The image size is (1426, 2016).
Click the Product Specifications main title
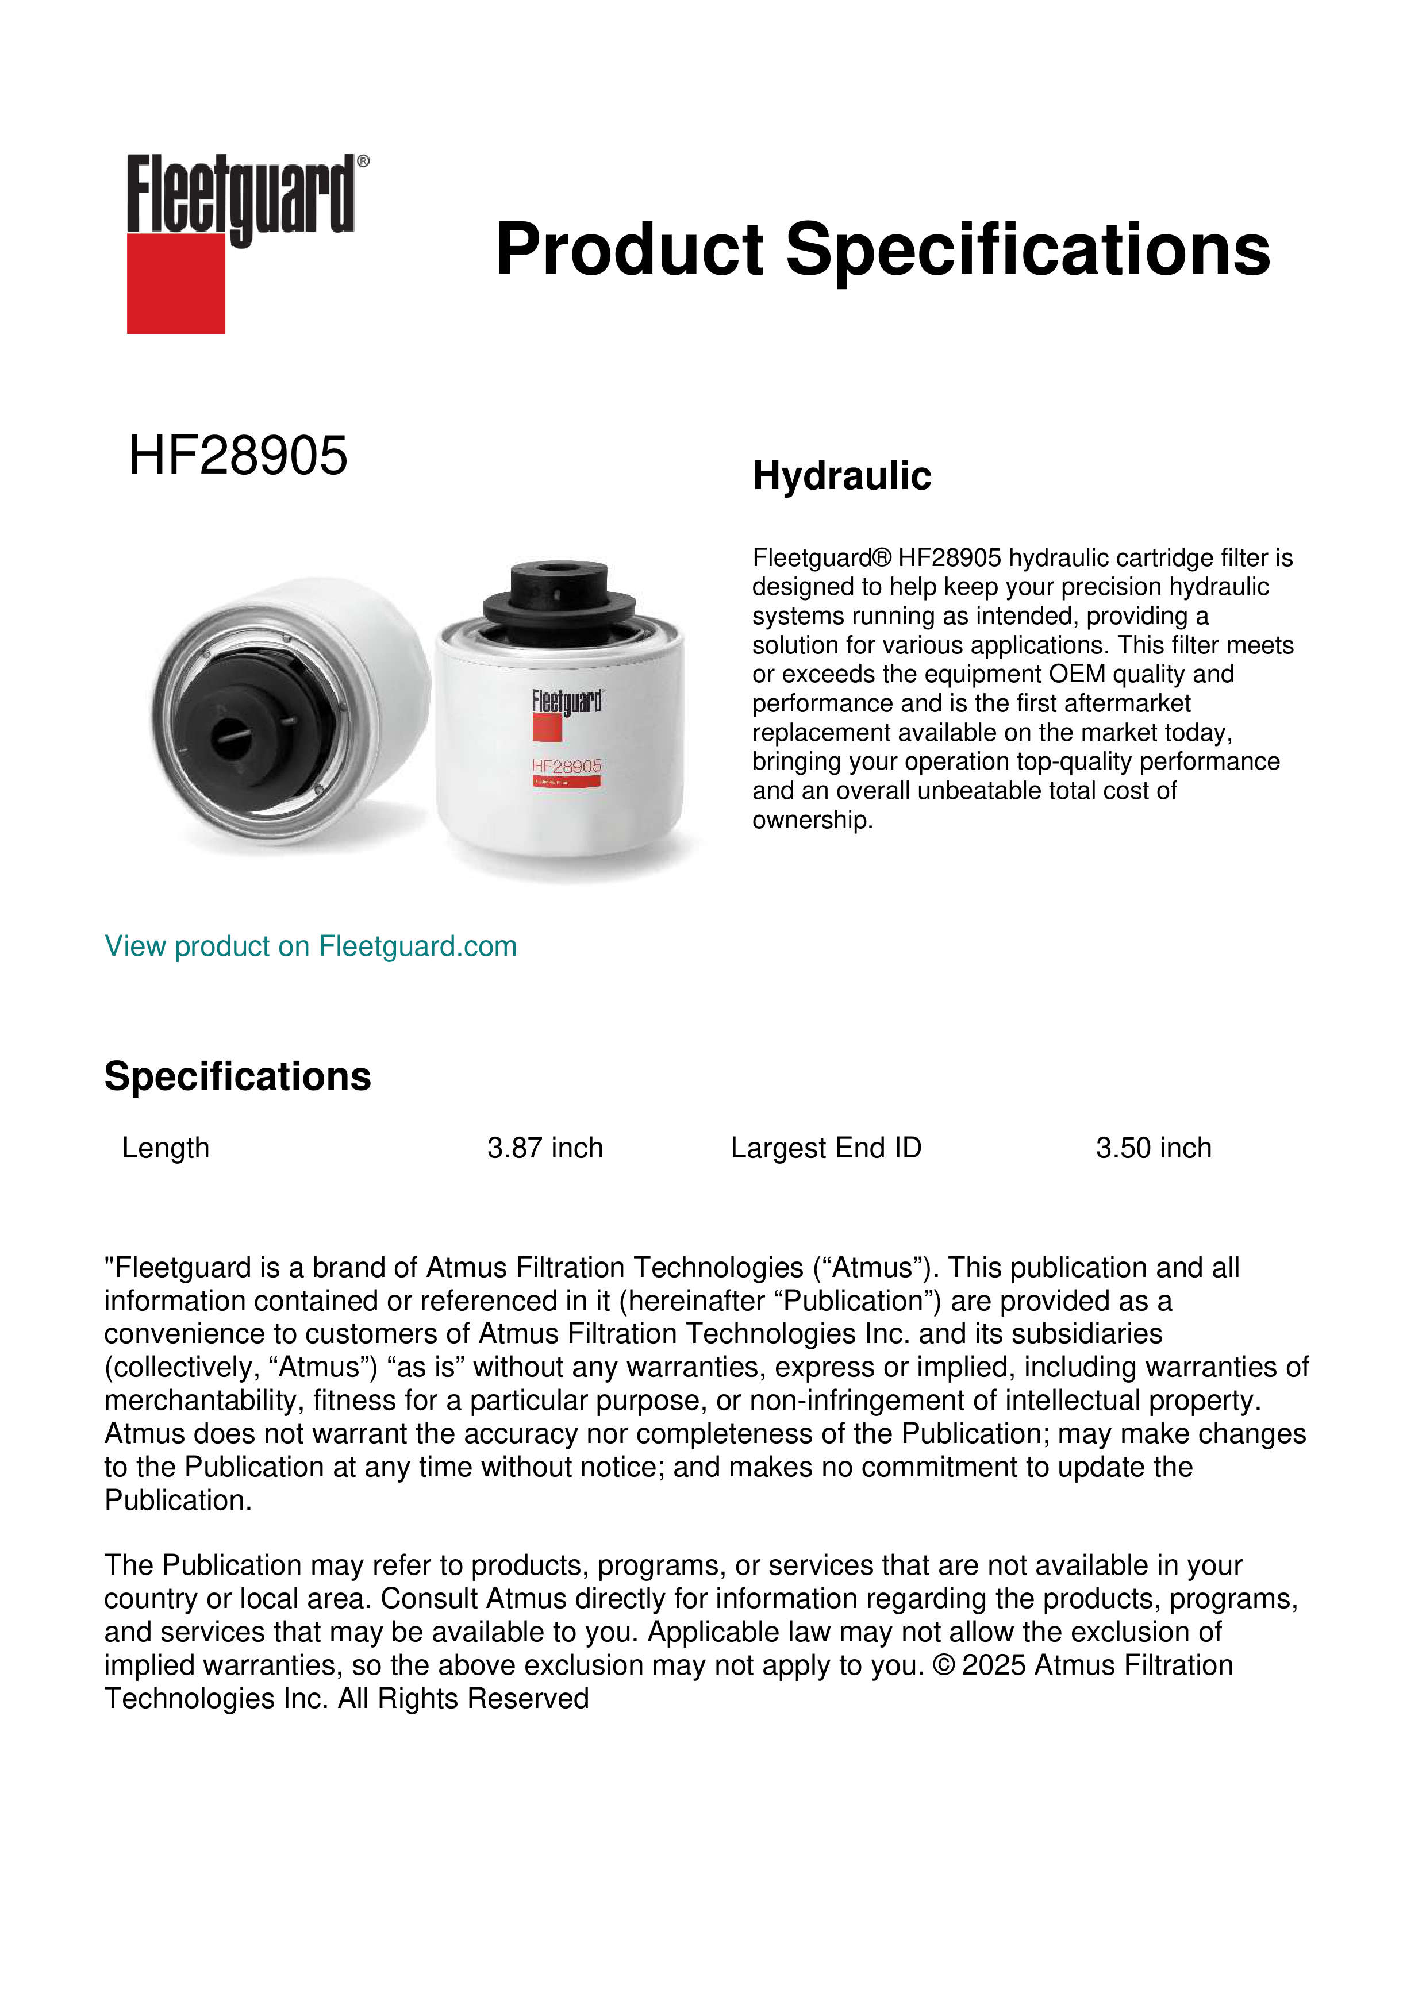(882, 249)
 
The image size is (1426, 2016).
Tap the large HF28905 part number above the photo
(238, 456)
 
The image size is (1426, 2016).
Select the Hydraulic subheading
(841, 476)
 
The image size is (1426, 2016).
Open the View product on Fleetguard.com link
(310, 946)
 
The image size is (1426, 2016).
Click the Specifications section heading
(237, 1076)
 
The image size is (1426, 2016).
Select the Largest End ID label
(825, 1148)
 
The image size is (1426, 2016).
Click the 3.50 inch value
(1153, 1148)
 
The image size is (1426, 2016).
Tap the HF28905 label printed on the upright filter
(566, 767)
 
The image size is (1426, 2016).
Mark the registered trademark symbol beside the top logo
(363, 161)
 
